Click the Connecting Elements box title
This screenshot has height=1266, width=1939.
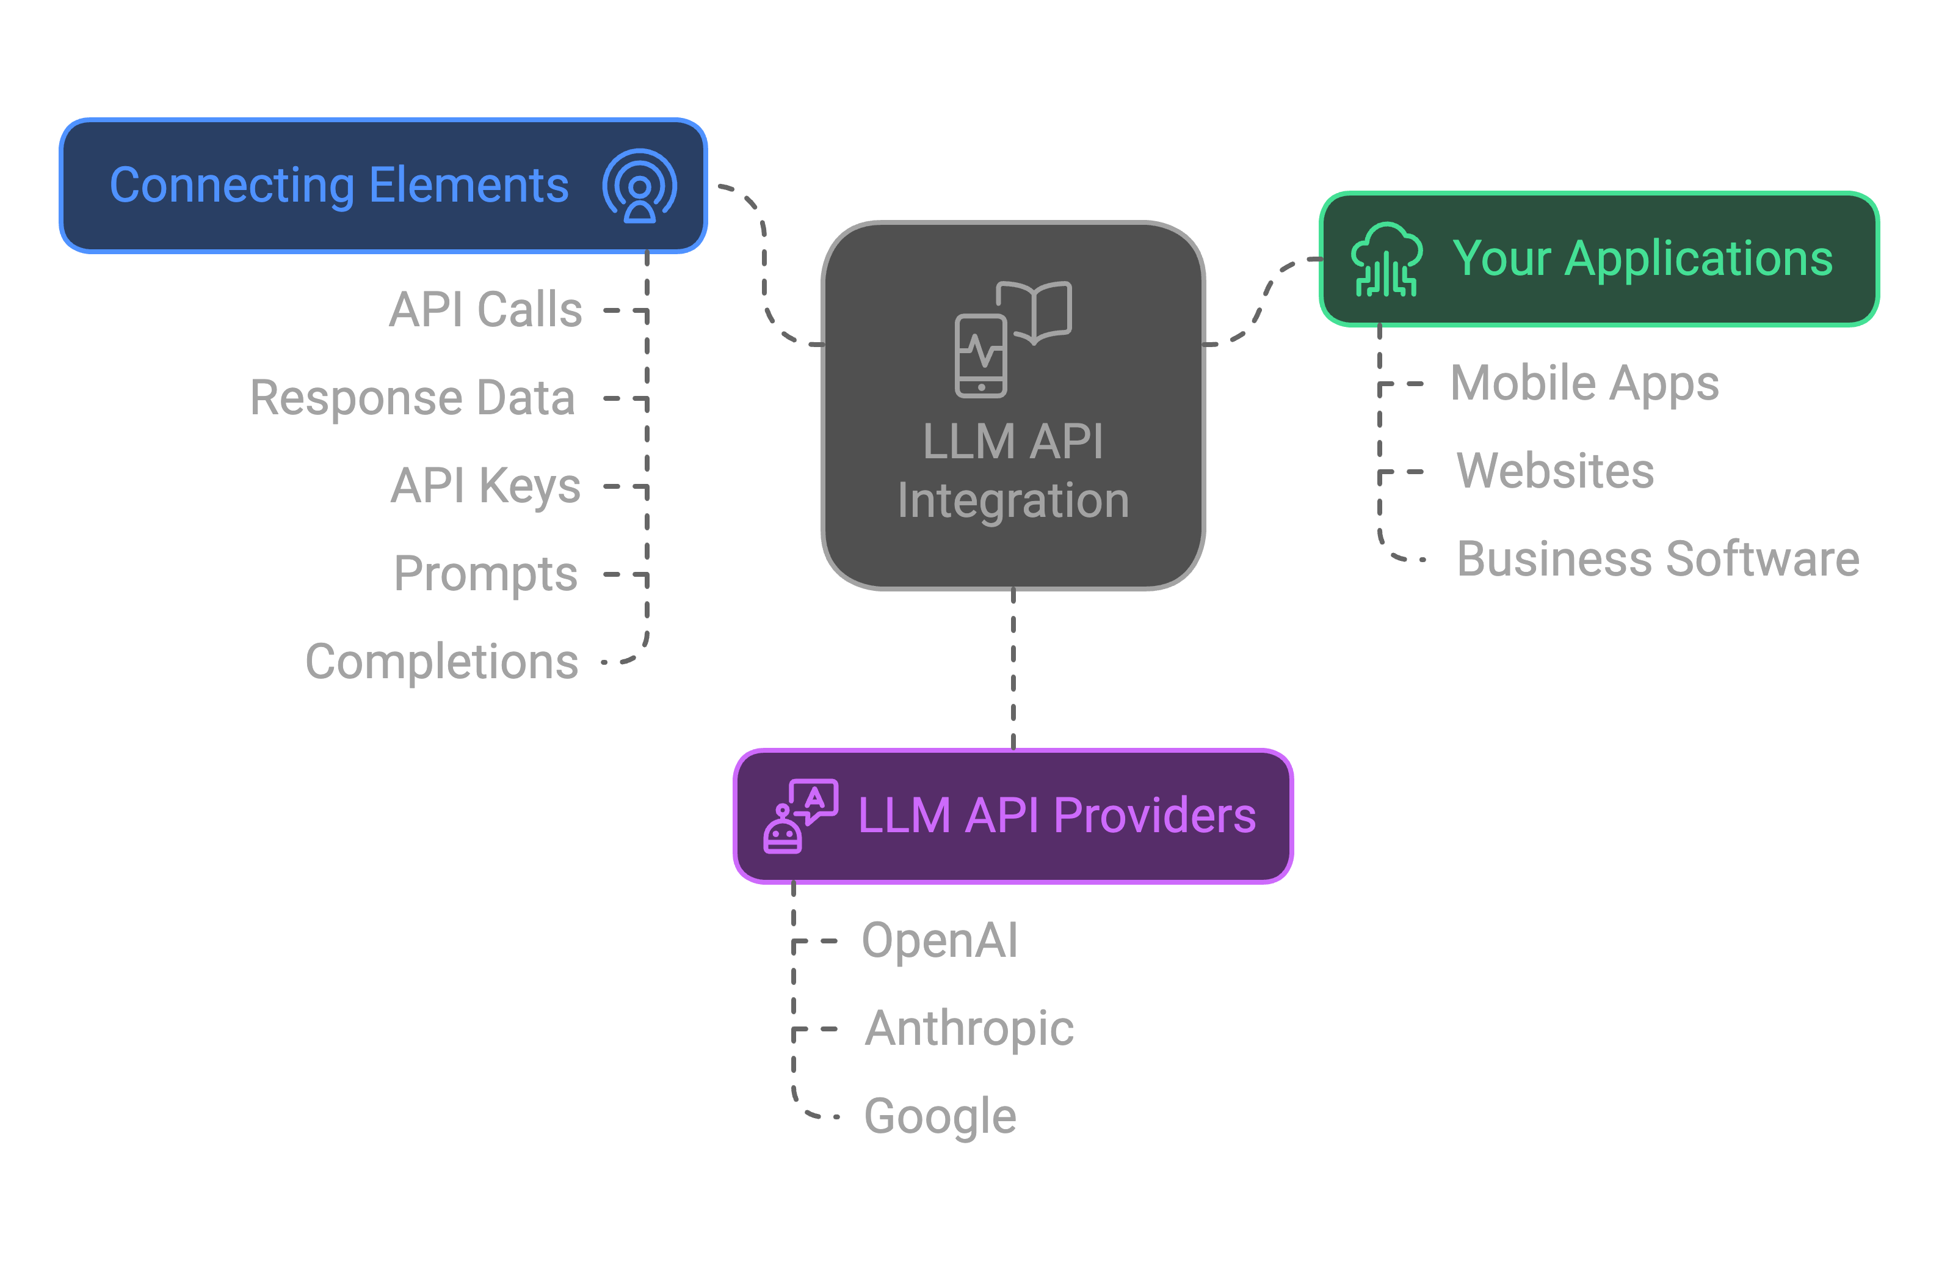pos(339,185)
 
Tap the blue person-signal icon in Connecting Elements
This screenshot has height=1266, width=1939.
pos(640,186)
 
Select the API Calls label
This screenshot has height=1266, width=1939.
pos(485,309)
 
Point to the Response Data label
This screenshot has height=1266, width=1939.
pos(412,398)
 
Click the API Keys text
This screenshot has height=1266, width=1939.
pos(485,486)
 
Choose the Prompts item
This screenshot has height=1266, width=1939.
pos(485,574)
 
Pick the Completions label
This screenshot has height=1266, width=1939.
pos(441,661)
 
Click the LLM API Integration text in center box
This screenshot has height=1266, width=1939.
pos(1013,470)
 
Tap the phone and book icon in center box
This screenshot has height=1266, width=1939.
pos(1013,338)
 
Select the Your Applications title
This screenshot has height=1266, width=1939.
pos(1642,258)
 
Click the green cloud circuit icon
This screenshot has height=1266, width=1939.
pos(1386,259)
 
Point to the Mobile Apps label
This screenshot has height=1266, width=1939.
pos(1585,383)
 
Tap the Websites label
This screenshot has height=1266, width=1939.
pos(1555,470)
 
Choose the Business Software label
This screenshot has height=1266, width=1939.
pos(1658,559)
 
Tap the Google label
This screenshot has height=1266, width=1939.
pos(940,1116)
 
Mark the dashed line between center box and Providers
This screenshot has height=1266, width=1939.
pos(1013,668)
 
